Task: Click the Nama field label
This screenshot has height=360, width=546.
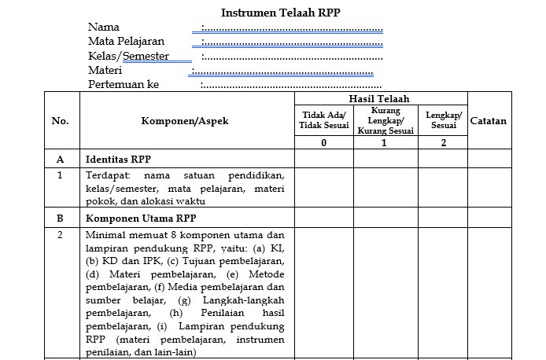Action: pyautogui.click(x=104, y=28)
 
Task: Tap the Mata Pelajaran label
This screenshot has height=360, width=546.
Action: pyautogui.click(x=127, y=42)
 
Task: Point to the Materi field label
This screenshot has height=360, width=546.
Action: pyautogui.click(x=105, y=70)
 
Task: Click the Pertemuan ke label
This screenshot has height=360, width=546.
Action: pyautogui.click(x=124, y=84)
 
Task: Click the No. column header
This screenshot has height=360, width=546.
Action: pyautogui.click(x=61, y=121)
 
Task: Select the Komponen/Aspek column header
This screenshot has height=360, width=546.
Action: pyautogui.click(x=185, y=121)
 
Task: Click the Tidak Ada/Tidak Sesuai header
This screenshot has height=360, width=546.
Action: pyautogui.click(x=324, y=120)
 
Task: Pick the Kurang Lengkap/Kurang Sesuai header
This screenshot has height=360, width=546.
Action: pyautogui.click(x=384, y=120)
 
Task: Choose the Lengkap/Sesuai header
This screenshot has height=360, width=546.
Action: pyautogui.click(x=443, y=120)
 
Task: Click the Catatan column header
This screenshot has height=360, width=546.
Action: pyautogui.click(x=488, y=121)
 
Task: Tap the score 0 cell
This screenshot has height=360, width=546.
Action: pyautogui.click(x=324, y=142)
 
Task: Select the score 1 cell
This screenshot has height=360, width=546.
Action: pyautogui.click(x=384, y=142)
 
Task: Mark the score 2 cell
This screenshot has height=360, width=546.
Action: pyautogui.click(x=443, y=142)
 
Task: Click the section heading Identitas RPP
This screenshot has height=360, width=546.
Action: pyautogui.click(x=118, y=159)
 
